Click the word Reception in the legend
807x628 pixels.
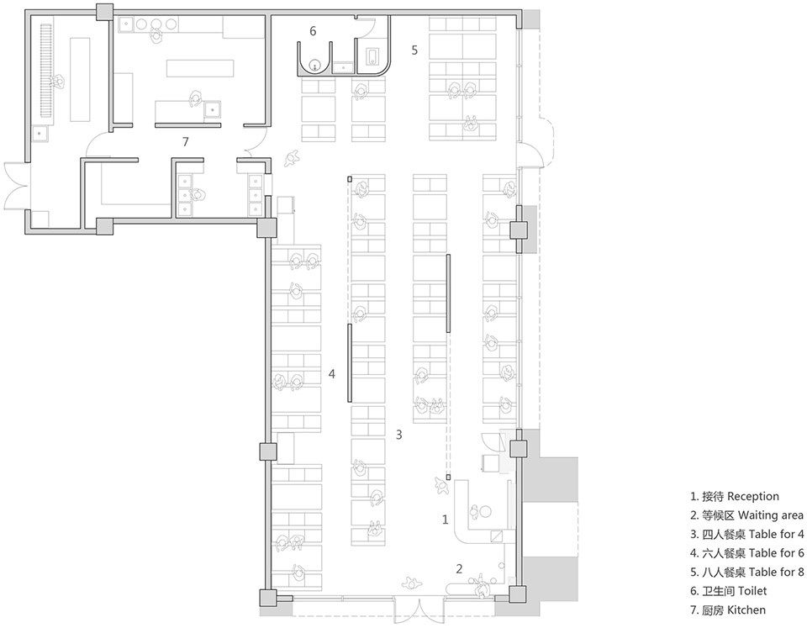click(x=753, y=496)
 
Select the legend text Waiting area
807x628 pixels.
click(x=771, y=515)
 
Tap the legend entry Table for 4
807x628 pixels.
click(x=776, y=535)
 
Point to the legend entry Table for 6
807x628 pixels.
click(x=776, y=553)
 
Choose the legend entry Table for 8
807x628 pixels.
click(x=776, y=572)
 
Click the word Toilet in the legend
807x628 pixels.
click(x=752, y=591)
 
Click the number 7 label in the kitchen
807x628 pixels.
click(x=185, y=141)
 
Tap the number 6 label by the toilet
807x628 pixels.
click(x=313, y=31)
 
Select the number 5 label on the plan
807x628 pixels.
click(x=414, y=50)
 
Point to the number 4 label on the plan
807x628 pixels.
click(x=332, y=374)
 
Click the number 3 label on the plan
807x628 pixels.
click(x=398, y=435)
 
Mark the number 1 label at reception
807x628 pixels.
click(x=446, y=520)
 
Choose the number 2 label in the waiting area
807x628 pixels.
click(x=460, y=569)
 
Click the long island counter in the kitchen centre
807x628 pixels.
click(x=200, y=68)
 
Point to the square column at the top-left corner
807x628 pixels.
click(x=104, y=12)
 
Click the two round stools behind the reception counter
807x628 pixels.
click(x=480, y=511)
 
